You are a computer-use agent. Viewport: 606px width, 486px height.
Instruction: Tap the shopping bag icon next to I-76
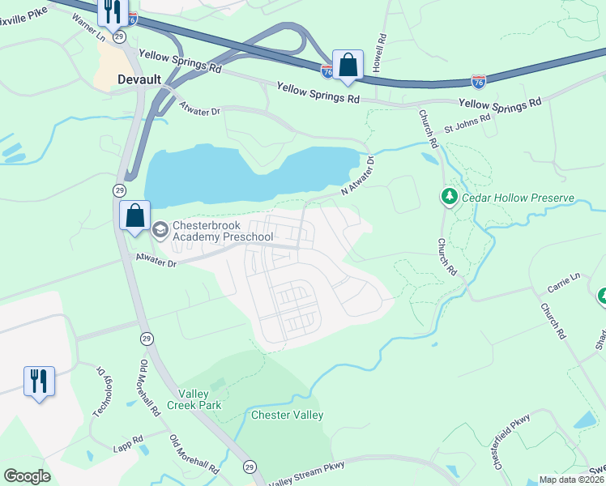click(x=348, y=65)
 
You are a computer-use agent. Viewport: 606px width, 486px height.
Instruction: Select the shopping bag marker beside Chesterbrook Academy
click(x=134, y=216)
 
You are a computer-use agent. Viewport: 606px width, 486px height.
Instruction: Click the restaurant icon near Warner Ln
click(x=112, y=11)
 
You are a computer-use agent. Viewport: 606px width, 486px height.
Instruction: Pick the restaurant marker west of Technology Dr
click(x=39, y=382)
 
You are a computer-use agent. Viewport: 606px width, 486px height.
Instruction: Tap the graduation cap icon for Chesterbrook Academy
click(x=159, y=230)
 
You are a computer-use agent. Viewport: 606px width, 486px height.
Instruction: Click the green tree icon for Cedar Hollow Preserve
click(x=449, y=197)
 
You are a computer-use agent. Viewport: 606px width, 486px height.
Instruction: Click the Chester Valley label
click(x=287, y=416)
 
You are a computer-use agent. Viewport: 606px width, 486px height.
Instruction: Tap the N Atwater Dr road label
click(x=356, y=176)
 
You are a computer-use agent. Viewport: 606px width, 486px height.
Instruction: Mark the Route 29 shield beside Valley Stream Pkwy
click(x=250, y=467)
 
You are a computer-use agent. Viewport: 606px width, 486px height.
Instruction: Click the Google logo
click(x=27, y=476)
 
